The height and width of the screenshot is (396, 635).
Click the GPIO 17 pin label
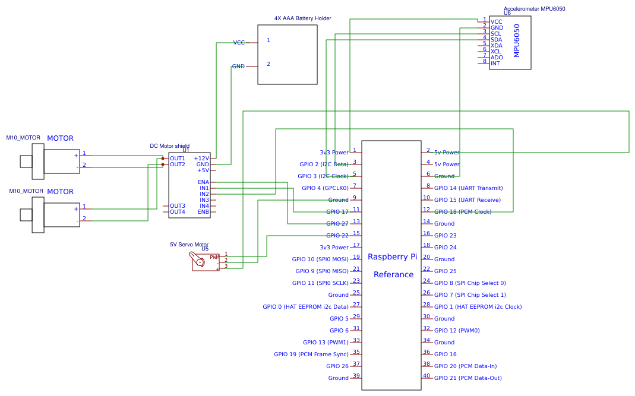click(x=337, y=212)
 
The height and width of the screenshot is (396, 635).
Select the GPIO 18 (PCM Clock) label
click(x=463, y=212)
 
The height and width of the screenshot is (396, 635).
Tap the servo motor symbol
click(x=204, y=261)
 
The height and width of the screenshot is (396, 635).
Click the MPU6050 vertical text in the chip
click(x=516, y=40)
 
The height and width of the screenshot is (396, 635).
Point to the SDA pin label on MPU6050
click(x=496, y=40)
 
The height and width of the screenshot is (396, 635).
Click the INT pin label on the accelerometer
click(x=495, y=64)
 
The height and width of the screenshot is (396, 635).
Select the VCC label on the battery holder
click(x=239, y=43)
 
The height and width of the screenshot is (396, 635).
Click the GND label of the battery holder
click(x=238, y=66)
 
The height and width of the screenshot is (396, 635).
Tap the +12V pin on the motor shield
click(x=201, y=159)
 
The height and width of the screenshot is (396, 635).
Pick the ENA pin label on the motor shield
click(x=203, y=182)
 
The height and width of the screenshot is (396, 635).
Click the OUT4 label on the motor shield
click(x=178, y=212)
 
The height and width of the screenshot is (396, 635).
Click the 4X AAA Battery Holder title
click(x=302, y=18)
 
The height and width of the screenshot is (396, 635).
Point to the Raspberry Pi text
click(x=392, y=256)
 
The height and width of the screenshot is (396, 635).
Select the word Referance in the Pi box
click(x=393, y=274)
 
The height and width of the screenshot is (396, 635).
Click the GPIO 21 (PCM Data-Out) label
click(x=467, y=378)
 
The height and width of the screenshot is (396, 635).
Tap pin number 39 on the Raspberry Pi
click(x=356, y=375)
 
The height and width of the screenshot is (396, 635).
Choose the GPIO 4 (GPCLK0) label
click(x=325, y=188)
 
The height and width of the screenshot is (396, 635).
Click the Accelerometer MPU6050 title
click(x=534, y=8)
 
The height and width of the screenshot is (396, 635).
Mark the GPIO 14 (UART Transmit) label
click(x=468, y=188)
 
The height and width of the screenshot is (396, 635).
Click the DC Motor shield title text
click(x=170, y=146)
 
